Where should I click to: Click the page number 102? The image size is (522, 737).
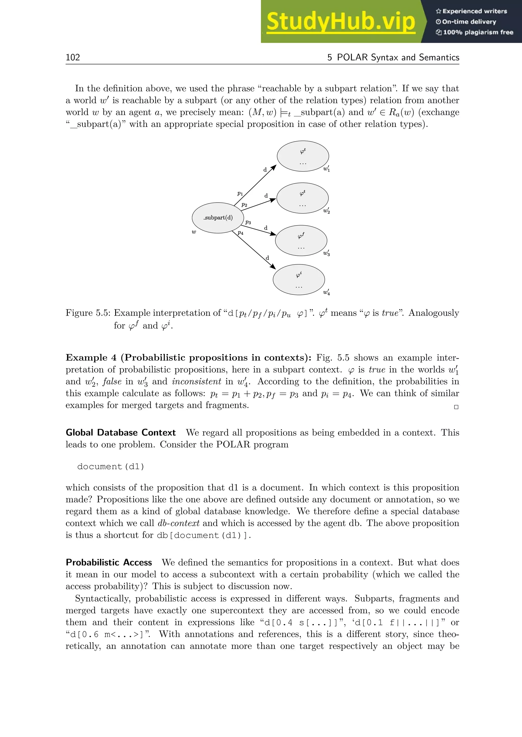point(73,57)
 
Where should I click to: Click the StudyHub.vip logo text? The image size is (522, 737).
point(341,22)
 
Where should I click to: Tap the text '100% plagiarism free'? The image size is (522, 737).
point(478,32)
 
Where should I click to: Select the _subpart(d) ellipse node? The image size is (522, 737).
point(218,218)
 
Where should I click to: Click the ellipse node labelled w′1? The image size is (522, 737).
point(303,156)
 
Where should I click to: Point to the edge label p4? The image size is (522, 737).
point(240,233)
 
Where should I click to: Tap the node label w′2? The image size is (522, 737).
point(327,211)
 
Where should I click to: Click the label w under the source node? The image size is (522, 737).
point(194,232)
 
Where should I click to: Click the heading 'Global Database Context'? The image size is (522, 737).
point(121,432)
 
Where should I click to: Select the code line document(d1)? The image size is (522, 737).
point(111,466)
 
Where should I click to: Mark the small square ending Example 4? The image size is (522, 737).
point(456,407)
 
